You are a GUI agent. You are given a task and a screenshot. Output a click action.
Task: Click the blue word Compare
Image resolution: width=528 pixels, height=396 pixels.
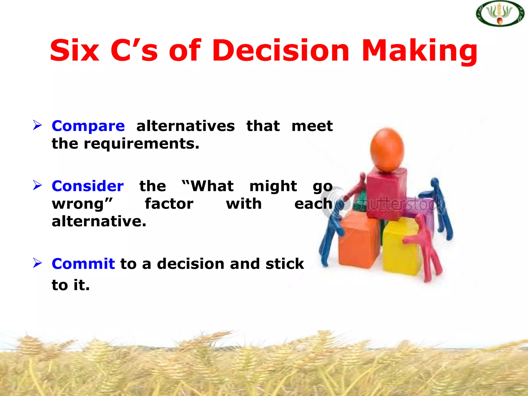click(88, 126)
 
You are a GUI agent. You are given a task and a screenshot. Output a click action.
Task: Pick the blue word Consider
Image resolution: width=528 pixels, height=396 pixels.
click(88, 186)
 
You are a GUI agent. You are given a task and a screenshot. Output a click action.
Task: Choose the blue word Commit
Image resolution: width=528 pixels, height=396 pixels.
click(83, 264)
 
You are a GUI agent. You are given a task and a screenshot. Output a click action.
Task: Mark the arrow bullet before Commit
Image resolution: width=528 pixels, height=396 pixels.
click(37, 263)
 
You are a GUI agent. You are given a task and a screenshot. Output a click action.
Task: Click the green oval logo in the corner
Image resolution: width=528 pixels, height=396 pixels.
click(500, 13)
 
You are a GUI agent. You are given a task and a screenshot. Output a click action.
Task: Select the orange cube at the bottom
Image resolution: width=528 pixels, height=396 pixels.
click(358, 240)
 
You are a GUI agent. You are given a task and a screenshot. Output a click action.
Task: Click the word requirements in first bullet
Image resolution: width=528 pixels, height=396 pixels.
click(141, 144)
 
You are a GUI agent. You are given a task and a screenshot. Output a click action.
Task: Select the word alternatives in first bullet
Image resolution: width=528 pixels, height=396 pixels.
click(185, 126)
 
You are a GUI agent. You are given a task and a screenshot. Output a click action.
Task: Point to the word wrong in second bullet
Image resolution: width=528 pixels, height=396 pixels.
click(82, 204)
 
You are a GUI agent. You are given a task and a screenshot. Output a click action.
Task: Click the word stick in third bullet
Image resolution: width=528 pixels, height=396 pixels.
click(285, 264)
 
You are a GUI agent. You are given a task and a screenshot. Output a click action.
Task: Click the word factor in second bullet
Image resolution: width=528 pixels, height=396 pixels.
click(169, 204)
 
